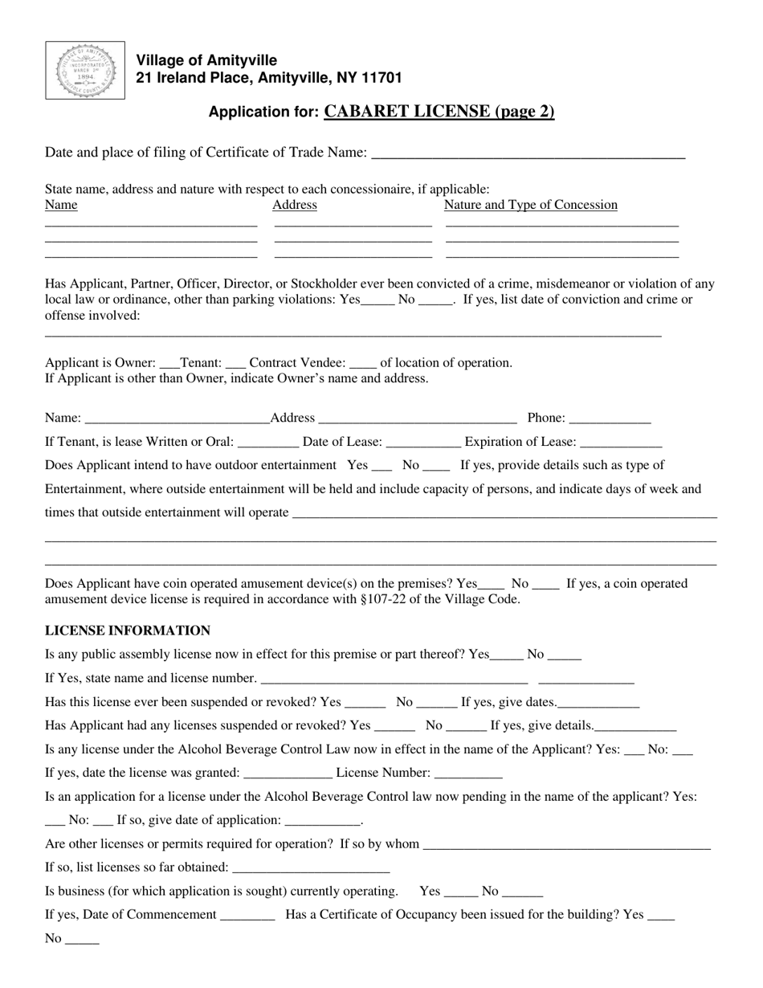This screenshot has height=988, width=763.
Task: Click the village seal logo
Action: (85, 71)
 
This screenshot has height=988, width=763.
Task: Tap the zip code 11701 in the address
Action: (381, 78)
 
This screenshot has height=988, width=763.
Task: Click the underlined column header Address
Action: (295, 205)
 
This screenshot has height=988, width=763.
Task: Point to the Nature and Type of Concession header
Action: (531, 205)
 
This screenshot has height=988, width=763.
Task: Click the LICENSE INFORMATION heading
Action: (128, 631)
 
